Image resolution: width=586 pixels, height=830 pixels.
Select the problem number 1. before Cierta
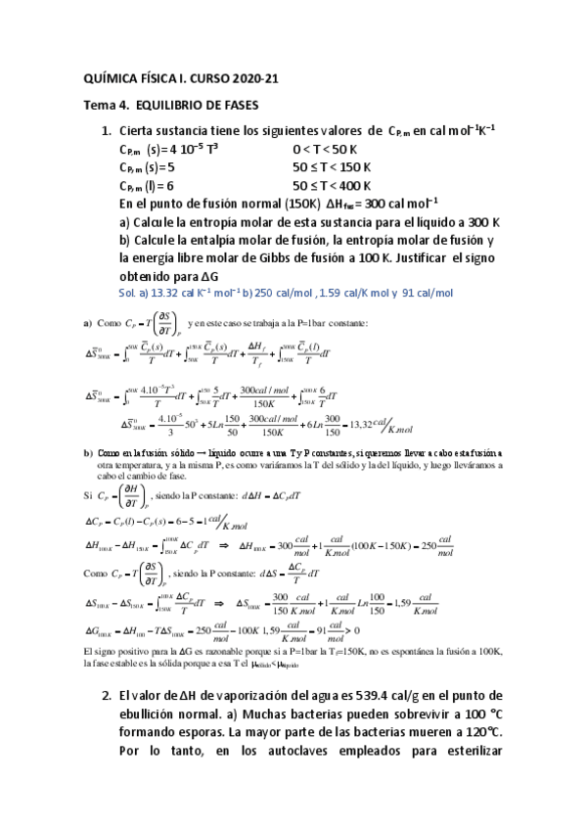click(x=107, y=131)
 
